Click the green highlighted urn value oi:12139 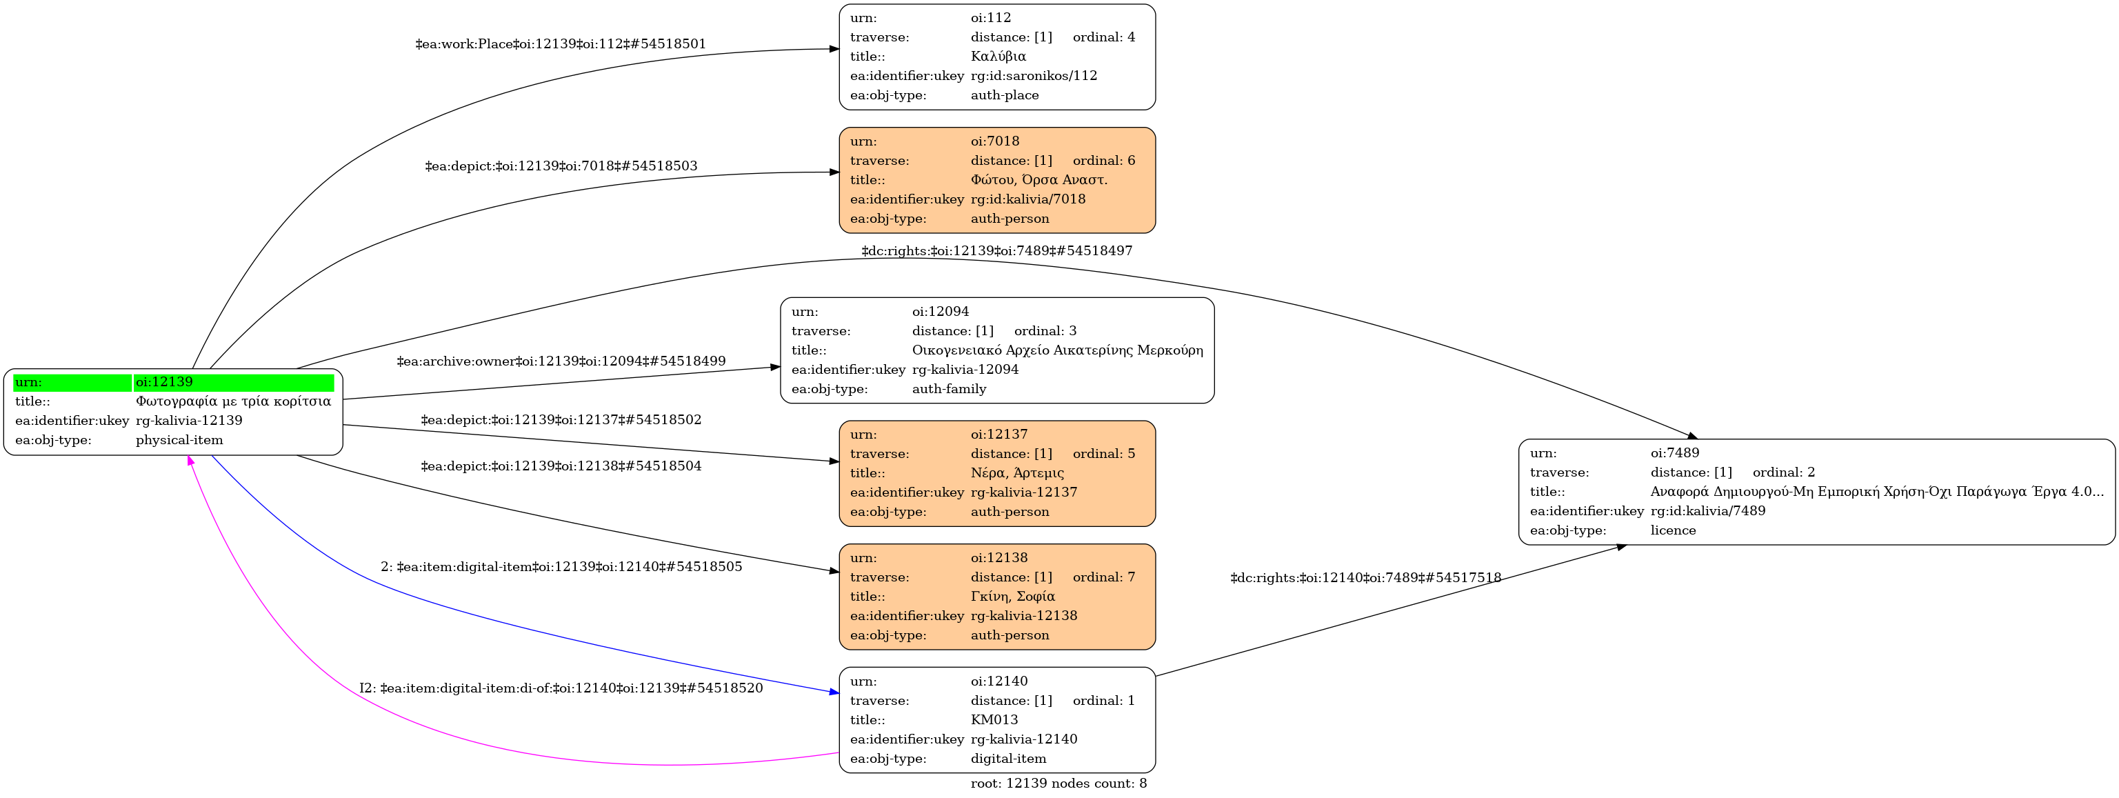(165, 381)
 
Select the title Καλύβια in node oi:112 (998, 56)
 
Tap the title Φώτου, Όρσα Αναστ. (1038, 179)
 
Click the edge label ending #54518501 (560, 44)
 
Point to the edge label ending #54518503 (560, 166)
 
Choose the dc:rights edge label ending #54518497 (996, 251)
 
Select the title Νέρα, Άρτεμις (1016, 473)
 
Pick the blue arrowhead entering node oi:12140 (833, 692)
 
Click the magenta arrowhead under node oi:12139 (191, 461)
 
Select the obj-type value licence (1672, 530)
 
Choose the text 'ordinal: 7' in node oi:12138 (1103, 577)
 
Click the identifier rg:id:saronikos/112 (1033, 76)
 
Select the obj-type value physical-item (179, 440)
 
